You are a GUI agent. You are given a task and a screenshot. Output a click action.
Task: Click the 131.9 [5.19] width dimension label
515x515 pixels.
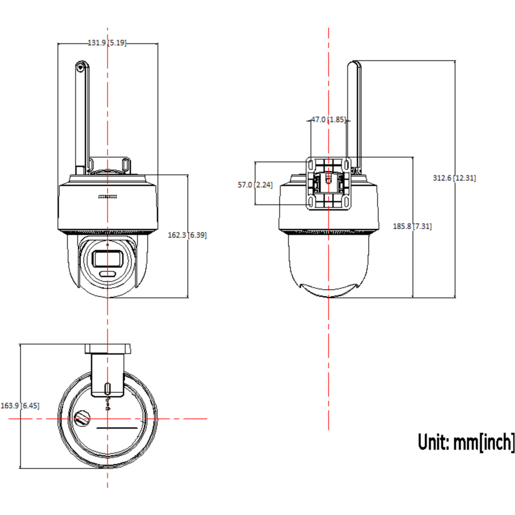pos(107,43)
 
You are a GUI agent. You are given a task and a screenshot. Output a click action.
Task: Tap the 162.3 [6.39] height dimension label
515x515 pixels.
pos(187,235)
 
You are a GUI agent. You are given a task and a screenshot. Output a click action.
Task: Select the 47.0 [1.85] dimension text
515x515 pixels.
pos(328,120)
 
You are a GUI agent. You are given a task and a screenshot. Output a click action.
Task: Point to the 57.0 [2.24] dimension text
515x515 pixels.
pos(255,185)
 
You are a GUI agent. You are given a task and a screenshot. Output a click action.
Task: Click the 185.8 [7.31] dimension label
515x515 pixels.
pos(412,226)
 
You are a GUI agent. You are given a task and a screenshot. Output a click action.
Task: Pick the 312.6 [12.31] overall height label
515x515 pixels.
pos(454,178)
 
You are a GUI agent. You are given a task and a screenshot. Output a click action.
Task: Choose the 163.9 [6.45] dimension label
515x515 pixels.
pos(20,406)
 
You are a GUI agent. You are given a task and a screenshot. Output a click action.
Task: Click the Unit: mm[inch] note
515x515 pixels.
pos(466,442)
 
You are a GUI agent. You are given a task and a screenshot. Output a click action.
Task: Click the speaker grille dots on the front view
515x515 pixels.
pos(108,197)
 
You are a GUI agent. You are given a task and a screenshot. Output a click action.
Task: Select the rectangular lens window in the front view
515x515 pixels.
pos(108,259)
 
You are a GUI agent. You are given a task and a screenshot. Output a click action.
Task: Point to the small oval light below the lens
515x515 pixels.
pos(108,274)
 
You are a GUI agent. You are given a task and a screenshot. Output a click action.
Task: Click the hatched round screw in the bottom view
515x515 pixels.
pos(82,418)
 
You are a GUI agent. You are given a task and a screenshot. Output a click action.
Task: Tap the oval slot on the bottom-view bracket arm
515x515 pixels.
pos(108,389)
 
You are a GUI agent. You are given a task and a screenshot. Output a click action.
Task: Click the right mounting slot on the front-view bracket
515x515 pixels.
pos(125,164)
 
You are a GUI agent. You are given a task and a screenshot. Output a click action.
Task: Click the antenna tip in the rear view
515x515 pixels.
pos(354,62)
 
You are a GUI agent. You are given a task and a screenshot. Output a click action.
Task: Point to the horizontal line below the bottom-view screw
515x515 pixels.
pos(117,428)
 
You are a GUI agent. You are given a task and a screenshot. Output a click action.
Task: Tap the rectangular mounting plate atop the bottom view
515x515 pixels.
pos(108,349)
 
